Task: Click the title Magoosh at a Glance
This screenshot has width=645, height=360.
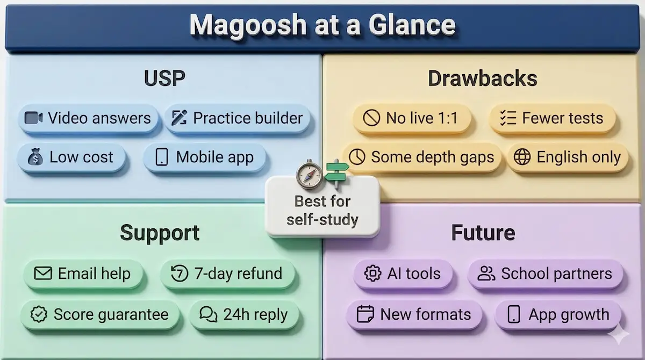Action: coord(322,25)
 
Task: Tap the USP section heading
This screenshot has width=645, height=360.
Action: coord(164,78)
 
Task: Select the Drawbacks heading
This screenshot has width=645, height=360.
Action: coord(482,78)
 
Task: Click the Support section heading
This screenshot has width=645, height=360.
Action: coord(160,233)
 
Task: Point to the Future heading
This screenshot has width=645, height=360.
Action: coord(483,233)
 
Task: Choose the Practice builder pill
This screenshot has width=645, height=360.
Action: coord(237,118)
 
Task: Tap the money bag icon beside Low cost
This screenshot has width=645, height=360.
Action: coord(35,157)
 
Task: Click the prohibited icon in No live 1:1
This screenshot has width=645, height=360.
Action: coord(371,118)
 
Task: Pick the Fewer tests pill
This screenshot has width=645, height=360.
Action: coord(553,118)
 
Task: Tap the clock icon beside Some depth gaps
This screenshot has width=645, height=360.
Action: coord(357,157)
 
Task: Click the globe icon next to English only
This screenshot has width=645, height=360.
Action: coord(522,157)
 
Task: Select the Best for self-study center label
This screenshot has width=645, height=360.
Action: coord(322,211)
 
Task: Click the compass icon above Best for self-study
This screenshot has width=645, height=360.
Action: coord(310,174)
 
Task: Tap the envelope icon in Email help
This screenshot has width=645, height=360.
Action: coord(42,273)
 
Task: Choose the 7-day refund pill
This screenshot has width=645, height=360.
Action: coord(227,273)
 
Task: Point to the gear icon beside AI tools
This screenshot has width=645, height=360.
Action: coord(372,273)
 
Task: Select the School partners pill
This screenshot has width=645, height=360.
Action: coord(545,273)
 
